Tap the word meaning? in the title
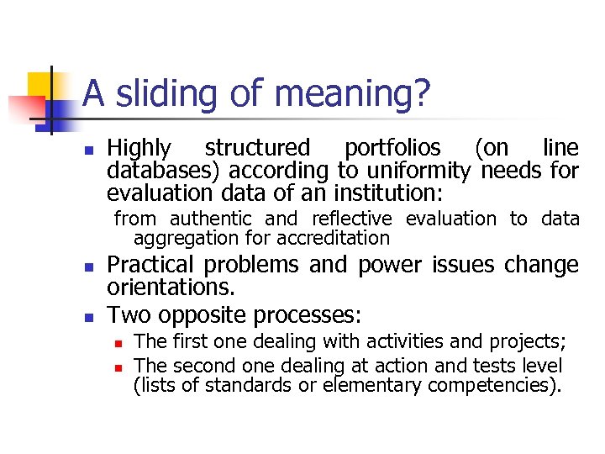click(x=352, y=94)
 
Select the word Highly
click(x=139, y=149)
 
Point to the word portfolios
click(x=392, y=149)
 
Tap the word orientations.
click(x=171, y=288)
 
